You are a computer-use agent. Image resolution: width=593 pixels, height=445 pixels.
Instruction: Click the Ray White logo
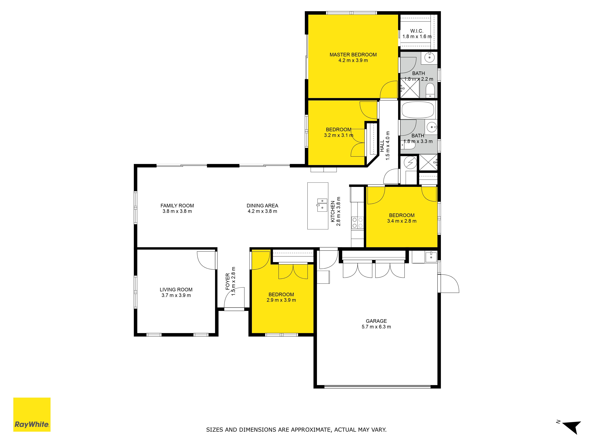tap(32, 414)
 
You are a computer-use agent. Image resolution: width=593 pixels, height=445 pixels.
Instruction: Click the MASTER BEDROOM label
tap(353, 55)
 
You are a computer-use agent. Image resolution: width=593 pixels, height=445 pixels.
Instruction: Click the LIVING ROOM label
tap(176, 290)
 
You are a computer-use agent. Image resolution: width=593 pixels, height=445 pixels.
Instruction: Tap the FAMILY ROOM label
tap(177, 206)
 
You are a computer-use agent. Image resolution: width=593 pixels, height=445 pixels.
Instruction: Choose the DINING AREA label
tap(262, 206)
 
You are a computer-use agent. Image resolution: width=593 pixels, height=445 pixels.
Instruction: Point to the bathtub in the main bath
tap(418, 110)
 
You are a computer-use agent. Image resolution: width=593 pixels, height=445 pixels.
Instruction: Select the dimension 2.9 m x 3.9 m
tap(281, 300)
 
